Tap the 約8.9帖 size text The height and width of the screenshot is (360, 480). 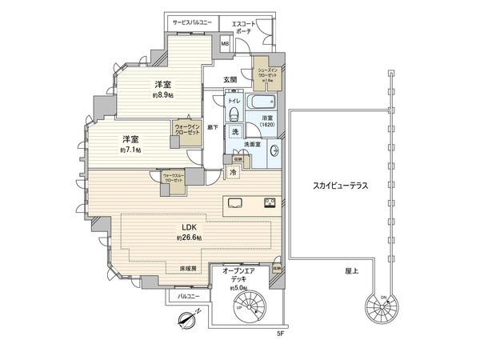(163, 94)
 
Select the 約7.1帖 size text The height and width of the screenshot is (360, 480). (130, 150)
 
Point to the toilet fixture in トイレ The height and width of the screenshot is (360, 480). (234, 114)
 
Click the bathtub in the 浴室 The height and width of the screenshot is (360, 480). (261, 103)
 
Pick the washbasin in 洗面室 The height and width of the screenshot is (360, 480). (273, 149)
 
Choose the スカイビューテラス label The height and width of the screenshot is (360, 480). (340, 186)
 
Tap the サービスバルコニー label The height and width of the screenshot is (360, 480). (190, 23)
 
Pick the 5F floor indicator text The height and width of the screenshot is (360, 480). (280, 333)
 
